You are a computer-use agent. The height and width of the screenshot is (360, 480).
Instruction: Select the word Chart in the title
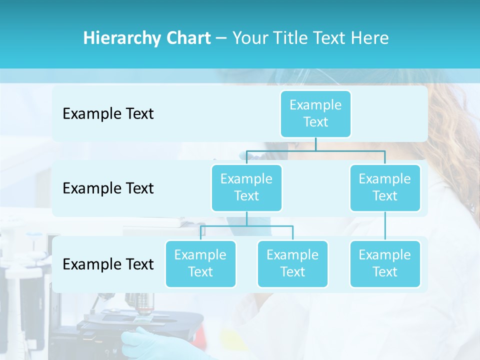(188, 38)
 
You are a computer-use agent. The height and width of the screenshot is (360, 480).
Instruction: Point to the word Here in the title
(370, 38)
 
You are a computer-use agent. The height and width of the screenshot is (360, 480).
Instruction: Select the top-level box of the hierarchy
(315, 113)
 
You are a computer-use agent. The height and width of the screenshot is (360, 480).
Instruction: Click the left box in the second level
(246, 187)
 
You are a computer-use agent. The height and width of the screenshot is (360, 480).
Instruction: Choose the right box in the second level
(385, 187)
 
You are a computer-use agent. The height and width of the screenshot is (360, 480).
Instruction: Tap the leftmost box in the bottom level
(200, 263)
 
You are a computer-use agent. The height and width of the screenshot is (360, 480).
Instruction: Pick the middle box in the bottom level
(292, 263)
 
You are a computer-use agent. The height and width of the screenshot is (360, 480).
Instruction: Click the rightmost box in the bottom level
(385, 263)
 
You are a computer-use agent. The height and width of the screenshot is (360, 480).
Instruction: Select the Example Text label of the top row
(108, 114)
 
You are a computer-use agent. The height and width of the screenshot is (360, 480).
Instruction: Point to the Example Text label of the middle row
(108, 188)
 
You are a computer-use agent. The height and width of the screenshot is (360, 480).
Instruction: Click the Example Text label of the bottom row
(108, 264)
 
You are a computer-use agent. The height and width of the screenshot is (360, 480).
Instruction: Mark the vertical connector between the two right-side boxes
(385, 226)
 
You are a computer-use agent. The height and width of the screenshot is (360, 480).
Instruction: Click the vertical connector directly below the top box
(315, 144)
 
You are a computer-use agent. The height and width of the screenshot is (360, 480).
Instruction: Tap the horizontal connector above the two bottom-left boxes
(246, 226)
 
